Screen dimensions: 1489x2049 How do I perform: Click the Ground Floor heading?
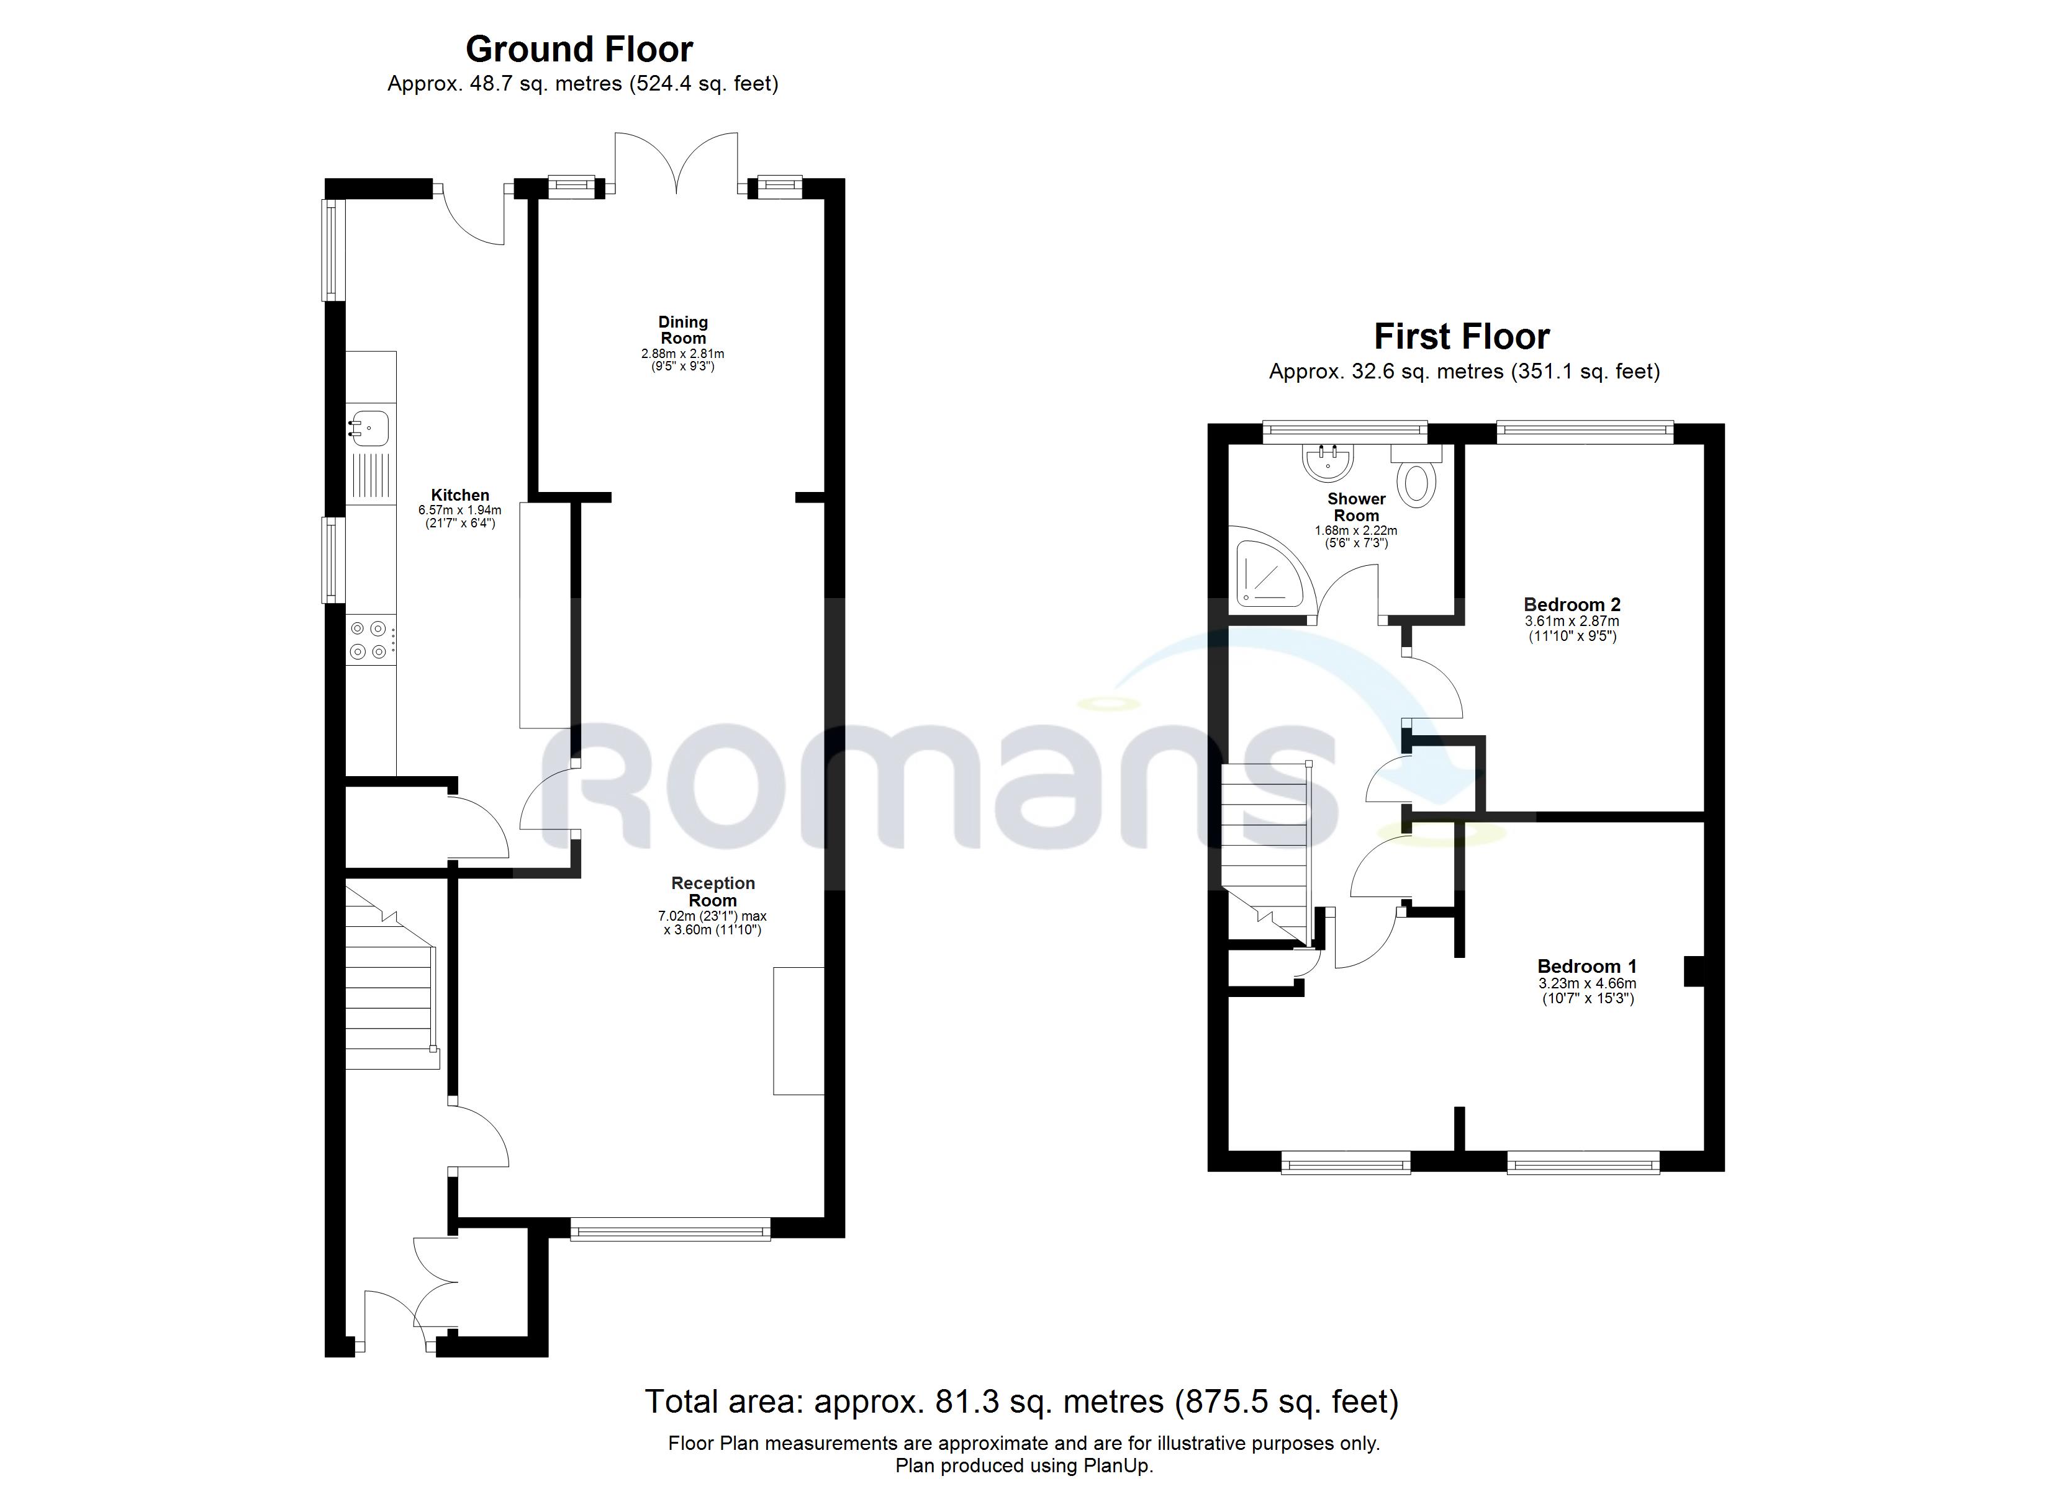[579, 49]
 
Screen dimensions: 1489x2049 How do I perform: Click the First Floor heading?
[1461, 337]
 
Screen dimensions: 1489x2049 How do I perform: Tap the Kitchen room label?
[460, 495]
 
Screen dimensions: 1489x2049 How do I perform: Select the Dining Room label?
[683, 329]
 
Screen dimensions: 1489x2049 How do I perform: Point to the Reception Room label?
[713, 892]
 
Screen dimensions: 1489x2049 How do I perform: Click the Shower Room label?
[1356, 506]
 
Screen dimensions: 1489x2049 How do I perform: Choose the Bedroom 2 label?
[1572, 604]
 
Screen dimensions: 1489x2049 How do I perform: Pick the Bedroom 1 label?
[1586, 966]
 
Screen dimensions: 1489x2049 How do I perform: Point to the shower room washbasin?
[1327, 462]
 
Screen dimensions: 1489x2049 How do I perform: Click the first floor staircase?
[1265, 840]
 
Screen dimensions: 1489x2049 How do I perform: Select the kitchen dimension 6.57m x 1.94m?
[460, 510]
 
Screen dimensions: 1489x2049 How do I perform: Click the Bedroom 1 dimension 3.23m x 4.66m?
[1587, 983]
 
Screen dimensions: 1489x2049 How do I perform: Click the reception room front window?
[671, 1229]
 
